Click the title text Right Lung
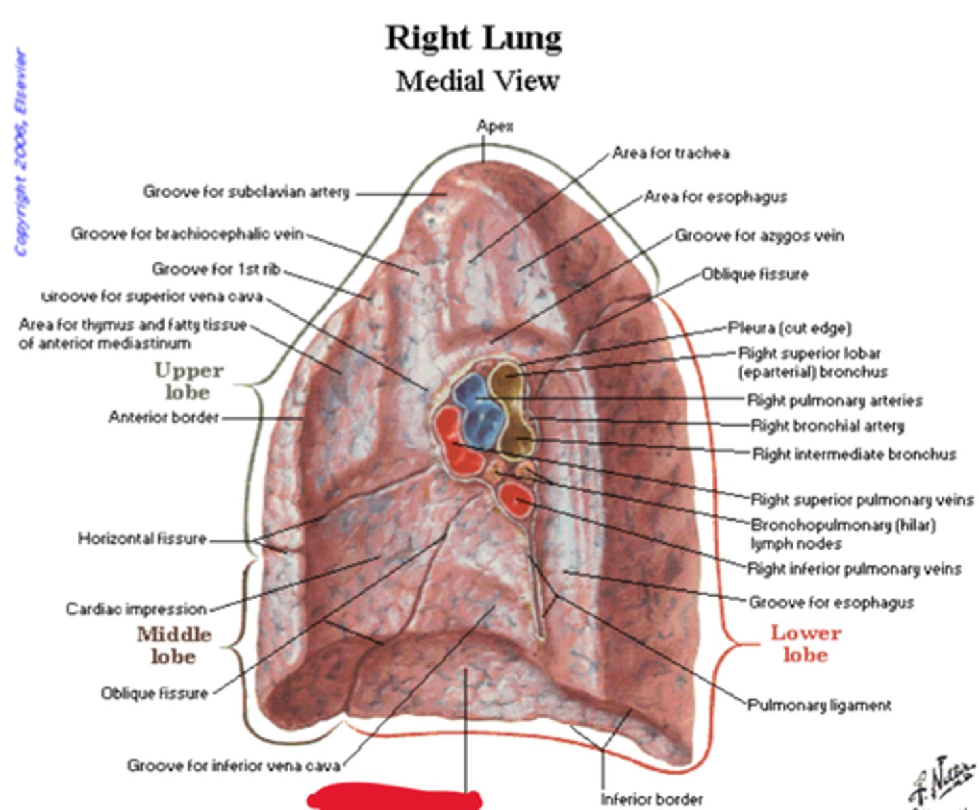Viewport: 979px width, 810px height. (x=474, y=38)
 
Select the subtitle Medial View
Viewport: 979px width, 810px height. (x=477, y=82)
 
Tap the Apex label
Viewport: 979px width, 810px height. (x=494, y=126)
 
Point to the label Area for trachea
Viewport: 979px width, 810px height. (x=670, y=154)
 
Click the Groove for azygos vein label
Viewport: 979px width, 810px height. (x=759, y=236)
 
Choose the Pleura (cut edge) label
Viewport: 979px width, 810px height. (x=789, y=328)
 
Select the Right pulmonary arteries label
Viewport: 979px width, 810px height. (x=834, y=400)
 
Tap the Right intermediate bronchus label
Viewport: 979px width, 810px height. (x=854, y=454)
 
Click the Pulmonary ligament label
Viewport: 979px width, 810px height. (x=819, y=705)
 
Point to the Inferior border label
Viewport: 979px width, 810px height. (x=651, y=799)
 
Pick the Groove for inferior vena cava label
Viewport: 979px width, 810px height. (x=233, y=766)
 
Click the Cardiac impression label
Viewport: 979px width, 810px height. (x=135, y=608)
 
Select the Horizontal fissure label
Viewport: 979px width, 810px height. (x=141, y=539)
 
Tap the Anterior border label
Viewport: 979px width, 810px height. (x=163, y=417)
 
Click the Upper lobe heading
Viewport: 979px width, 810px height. (x=188, y=381)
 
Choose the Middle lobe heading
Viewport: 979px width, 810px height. (x=174, y=645)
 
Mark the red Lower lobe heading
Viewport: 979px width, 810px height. (x=806, y=644)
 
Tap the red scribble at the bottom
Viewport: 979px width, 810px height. (x=394, y=796)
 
